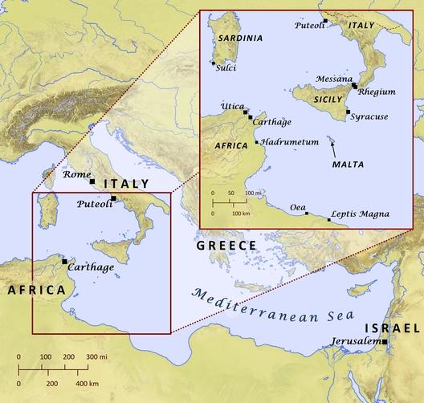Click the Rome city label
(x=76, y=174)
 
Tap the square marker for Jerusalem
(x=385, y=343)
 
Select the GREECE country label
(x=226, y=245)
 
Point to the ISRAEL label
(x=392, y=329)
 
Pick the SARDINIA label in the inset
(x=230, y=38)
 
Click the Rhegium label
(x=377, y=92)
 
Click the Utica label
(x=232, y=106)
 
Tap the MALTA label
(x=347, y=164)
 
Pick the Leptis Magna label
(x=361, y=214)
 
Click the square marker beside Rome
(x=93, y=181)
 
